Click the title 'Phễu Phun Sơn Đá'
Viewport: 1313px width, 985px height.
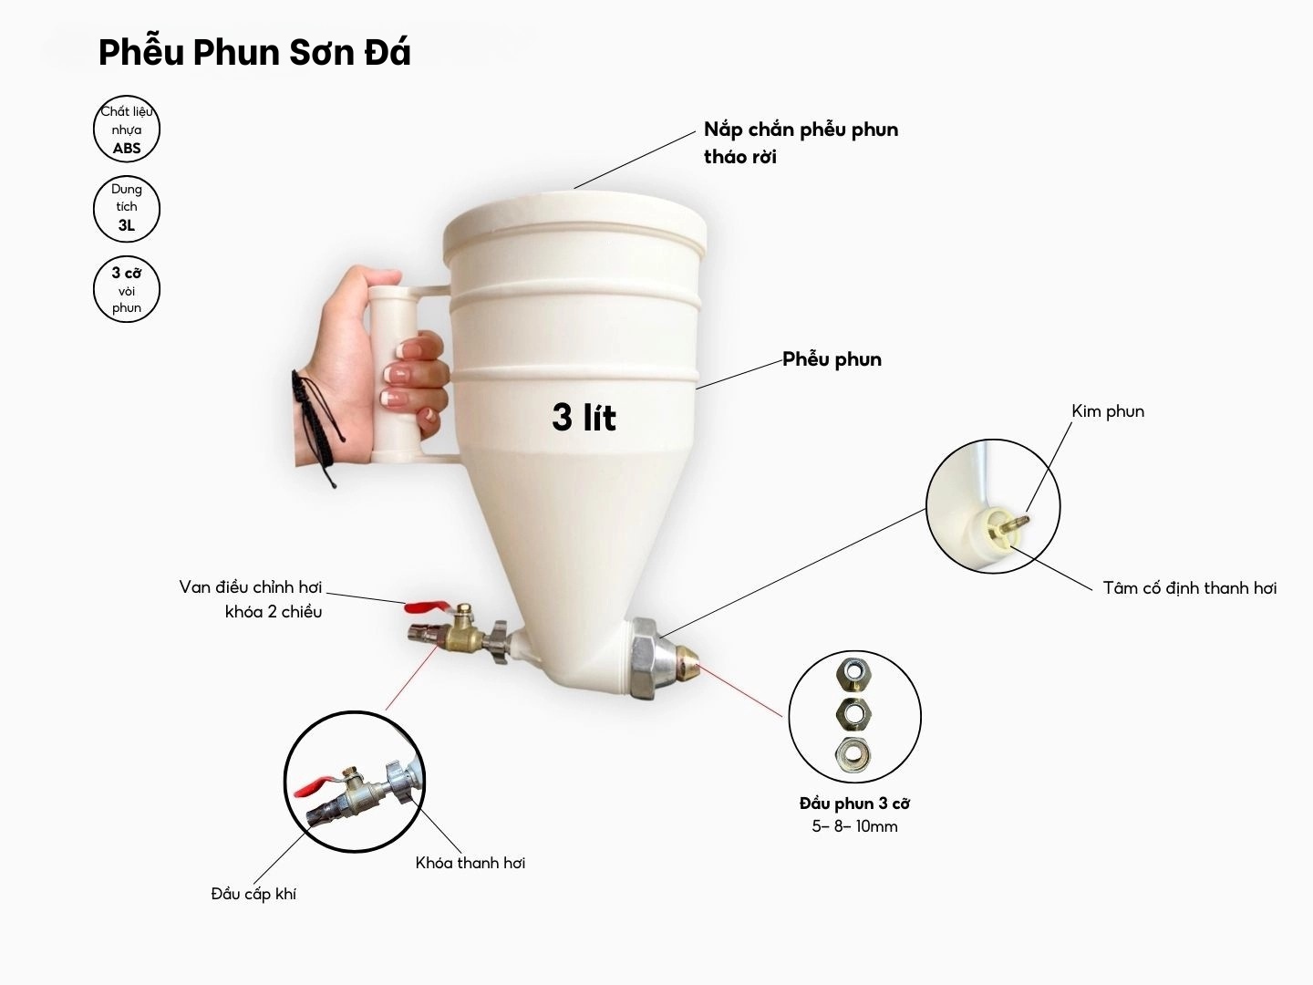(254, 53)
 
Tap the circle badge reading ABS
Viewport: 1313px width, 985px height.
(126, 129)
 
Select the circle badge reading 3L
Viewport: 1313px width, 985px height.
(126, 209)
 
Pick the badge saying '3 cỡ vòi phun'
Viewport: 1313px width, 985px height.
(126, 289)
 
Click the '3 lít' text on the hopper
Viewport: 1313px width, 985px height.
(584, 417)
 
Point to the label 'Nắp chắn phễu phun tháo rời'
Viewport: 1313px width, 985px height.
(801, 143)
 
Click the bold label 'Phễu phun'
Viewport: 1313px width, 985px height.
(832, 359)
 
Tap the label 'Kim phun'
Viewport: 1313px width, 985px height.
(1108, 411)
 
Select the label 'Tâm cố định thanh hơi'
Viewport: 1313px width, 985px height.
(1190, 588)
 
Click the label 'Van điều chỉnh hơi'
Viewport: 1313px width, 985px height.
(251, 587)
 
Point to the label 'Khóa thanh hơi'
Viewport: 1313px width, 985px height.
(470, 863)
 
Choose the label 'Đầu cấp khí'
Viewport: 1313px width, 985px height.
(253, 894)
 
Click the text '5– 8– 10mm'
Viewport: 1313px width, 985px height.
(854, 826)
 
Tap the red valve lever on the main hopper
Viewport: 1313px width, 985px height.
(426, 607)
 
